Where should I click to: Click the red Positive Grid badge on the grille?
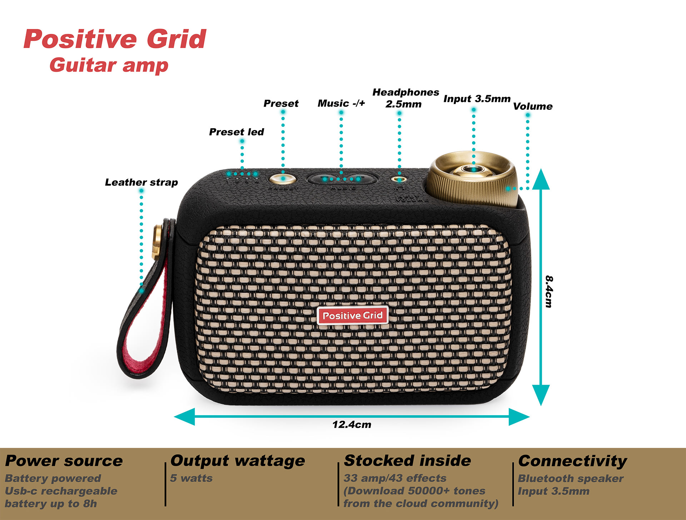pyautogui.click(x=352, y=315)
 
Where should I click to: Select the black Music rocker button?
pyautogui.click(x=342, y=179)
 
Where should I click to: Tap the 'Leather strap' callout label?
pyautogui.click(x=141, y=182)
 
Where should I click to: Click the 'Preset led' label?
pyautogui.click(x=236, y=132)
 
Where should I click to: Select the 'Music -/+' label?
pyautogui.click(x=341, y=103)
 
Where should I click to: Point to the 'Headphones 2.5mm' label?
pyautogui.click(x=406, y=98)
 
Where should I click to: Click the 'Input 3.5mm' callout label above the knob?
pyautogui.click(x=477, y=99)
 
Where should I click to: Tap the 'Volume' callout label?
pyautogui.click(x=532, y=106)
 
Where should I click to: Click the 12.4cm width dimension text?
pyautogui.click(x=352, y=425)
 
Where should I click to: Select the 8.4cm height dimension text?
pyautogui.click(x=549, y=291)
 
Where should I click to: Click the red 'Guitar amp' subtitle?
pyautogui.click(x=109, y=65)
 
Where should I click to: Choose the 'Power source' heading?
pyautogui.click(x=64, y=461)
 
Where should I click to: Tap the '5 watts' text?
pyautogui.click(x=191, y=478)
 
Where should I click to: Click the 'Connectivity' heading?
pyautogui.click(x=572, y=461)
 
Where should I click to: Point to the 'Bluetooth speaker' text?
pyautogui.click(x=570, y=478)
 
